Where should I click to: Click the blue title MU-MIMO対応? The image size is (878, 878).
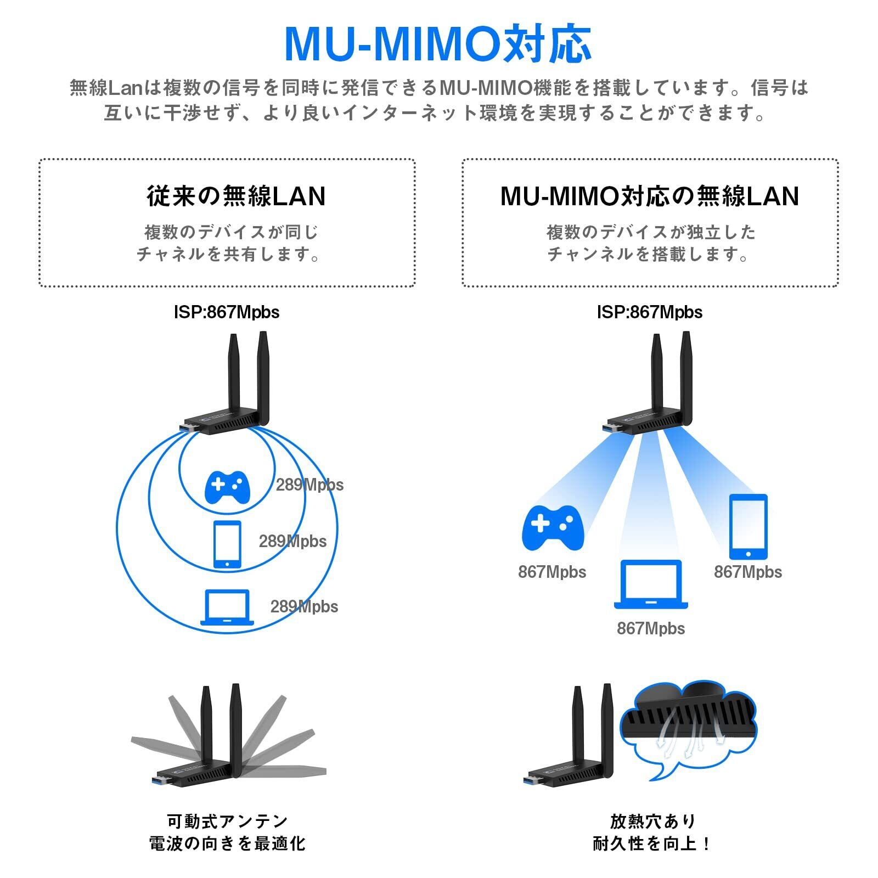pyautogui.click(x=438, y=44)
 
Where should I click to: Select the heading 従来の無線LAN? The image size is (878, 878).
pyautogui.click(x=237, y=196)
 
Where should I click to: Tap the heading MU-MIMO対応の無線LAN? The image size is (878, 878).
pyautogui.click(x=650, y=196)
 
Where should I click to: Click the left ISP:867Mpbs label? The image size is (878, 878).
pyautogui.click(x=227, y=312)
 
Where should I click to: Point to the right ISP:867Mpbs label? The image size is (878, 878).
pyautogui.click(x=650, y=312)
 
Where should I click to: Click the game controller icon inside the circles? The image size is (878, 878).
pyautogui.click(x=227, y=487)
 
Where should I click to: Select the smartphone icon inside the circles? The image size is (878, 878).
pyautogui.click(x=227, y=544)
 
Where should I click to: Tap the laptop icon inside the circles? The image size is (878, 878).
pyautogui.click(x=227, y=607)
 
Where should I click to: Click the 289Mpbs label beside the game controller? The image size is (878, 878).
pyautogui.click(x=309, y=485)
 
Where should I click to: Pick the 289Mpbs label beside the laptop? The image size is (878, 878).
pyautogui.click(x=304, y=606)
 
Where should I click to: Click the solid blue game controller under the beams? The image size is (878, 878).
pyautogui.click(x=553, y=528)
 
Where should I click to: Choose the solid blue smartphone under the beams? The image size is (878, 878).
pyautogui.click(x=748, y=526)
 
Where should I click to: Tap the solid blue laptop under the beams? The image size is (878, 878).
pyautogui.click(x=651, y=584)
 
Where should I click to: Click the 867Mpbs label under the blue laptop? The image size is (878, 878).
pyautogui.click(x=651, y=628)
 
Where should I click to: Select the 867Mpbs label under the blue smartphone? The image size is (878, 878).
pyautogui.click(x=748, y=572)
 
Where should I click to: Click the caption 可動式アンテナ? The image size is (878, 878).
pyautogui.click(x=227, y=821)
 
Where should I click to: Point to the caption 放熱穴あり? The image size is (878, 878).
pyautogui.click(x=652, y=821)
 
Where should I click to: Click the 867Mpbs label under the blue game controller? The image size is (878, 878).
pyautogui.click(x=552, y=572)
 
